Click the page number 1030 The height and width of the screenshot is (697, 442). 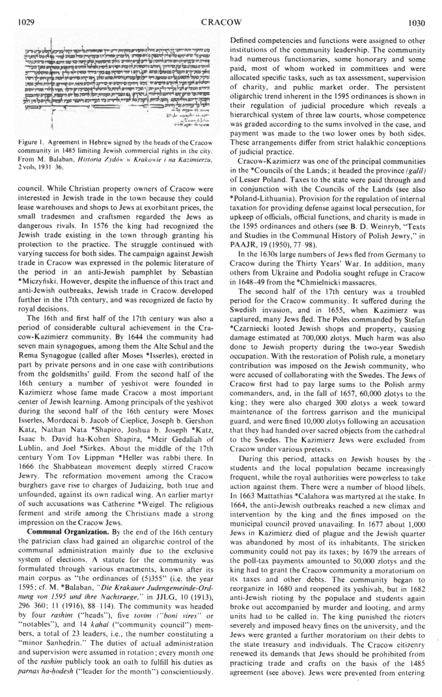(417, 8)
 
